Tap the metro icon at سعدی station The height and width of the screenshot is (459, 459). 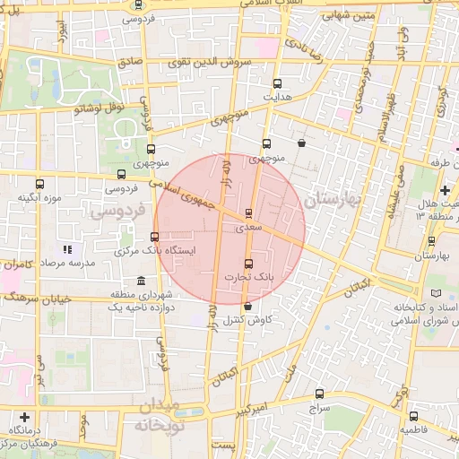248,213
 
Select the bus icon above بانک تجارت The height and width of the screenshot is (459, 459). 248,264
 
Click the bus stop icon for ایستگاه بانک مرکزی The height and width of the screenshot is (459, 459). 155,238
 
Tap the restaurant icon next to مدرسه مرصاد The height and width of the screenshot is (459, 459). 65,249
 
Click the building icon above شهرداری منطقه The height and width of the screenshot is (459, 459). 140,281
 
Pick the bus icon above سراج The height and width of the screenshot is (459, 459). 320,393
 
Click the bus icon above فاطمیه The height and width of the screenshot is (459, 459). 413,416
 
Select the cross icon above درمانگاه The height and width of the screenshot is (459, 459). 24,417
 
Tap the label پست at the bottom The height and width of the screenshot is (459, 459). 228,446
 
